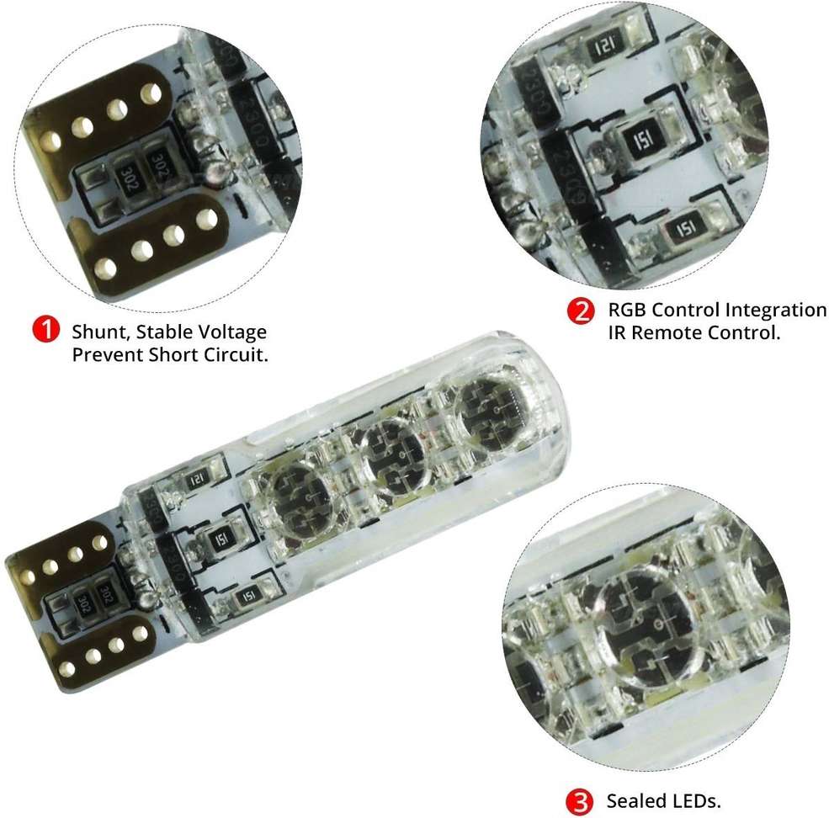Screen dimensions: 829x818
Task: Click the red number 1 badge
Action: point(46,329)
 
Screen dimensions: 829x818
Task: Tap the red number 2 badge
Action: point(581,311)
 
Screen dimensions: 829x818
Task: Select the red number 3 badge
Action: point(580,802)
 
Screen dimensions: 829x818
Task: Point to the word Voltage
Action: point(232,333)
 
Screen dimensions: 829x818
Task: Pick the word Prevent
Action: point(108,354)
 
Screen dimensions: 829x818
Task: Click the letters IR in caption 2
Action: point(617,332)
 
